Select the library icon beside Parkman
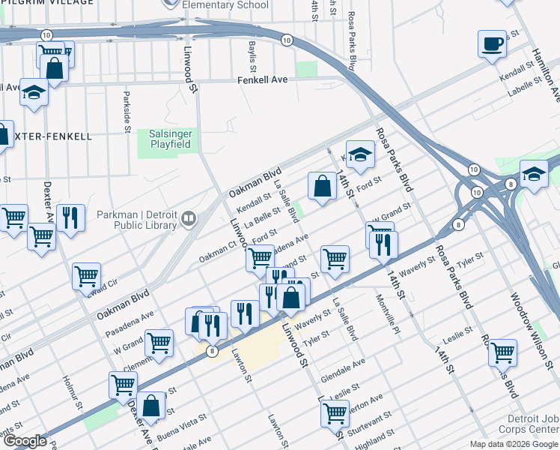(189, 219)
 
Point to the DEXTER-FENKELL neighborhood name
(52, 136)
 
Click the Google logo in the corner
(24, 441)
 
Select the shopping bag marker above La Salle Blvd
(322, 186)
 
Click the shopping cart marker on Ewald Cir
(87, 276)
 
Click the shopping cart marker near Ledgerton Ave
(334, 412)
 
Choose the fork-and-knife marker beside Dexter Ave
(70, 218)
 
